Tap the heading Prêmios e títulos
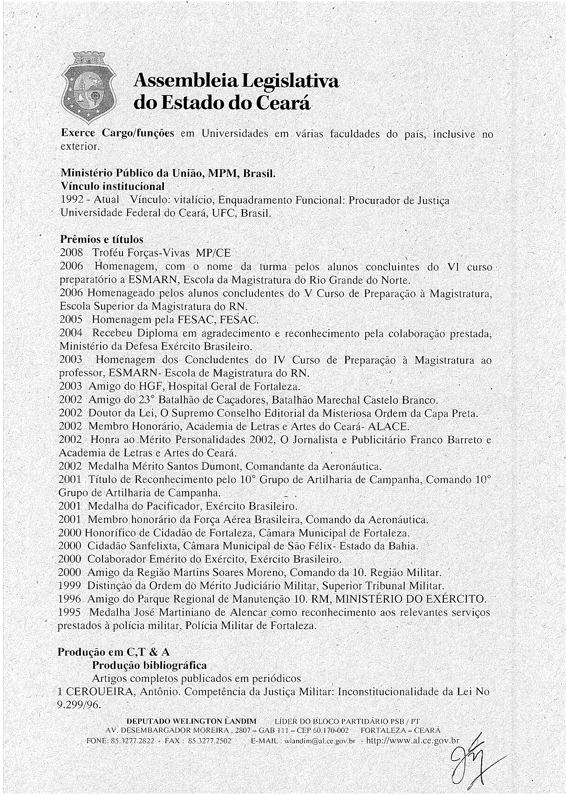pos(102,240)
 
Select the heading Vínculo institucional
pos(113,187)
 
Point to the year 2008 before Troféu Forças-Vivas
pos(72,253)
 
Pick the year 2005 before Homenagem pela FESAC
pos(71,320)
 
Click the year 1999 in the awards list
pos(70,585)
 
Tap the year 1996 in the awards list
pos(70,599)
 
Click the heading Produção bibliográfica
pos(150,665)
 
